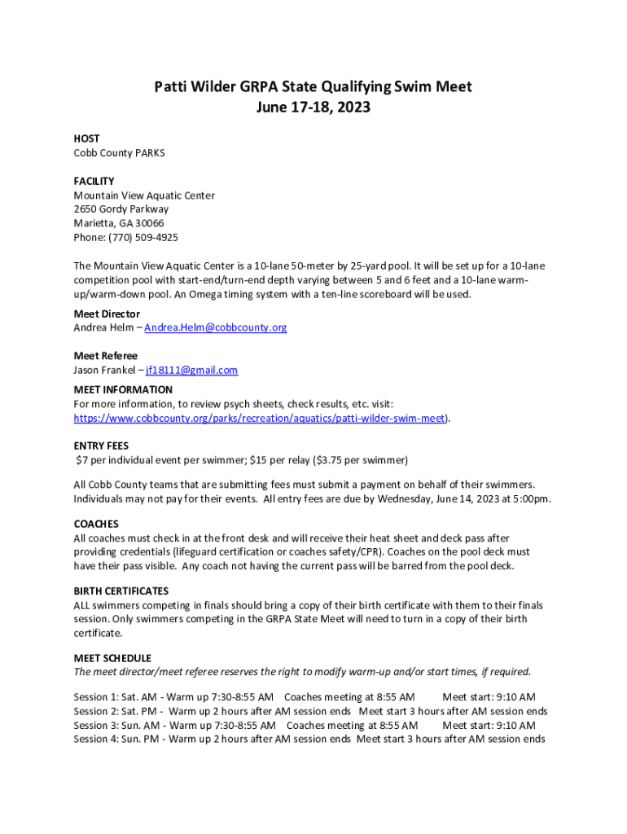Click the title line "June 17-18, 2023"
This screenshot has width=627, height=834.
click(x=313, y=107)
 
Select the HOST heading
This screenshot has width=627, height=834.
click(x=86, y=139)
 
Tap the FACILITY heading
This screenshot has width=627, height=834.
click(x=94, y=181)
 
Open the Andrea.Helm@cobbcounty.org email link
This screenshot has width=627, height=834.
click(x=215, y=327)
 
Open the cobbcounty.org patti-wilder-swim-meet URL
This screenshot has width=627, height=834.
click(x=259, y=418)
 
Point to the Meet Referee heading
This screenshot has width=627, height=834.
click(x=106, y=356)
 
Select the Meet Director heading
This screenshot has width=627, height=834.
click(x=107, y=314)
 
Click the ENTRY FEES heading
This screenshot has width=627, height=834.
click(x=101, y=446)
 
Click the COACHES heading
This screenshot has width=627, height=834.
click(x=96, y=524)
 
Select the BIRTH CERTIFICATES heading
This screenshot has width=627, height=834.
click(x=121, y=590)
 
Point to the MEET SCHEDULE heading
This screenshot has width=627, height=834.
click(x=112, y=658)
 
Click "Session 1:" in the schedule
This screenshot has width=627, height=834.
click(x=96, y=697)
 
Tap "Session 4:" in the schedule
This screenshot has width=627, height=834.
click(x=96, y=740)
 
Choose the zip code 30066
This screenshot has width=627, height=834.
click(x=148, y=223)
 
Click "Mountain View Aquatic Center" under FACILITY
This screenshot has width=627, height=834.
click(x=144, y=195)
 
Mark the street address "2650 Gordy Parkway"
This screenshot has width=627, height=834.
click(x=121, y=209)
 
